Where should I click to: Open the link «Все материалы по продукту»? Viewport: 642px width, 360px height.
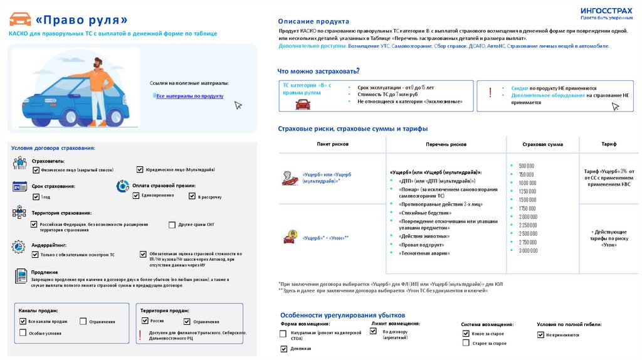(x=189, y=96)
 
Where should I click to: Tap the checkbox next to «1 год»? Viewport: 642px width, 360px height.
(x=36, y=197)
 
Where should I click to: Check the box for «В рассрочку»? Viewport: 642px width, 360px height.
(x=192, y=196)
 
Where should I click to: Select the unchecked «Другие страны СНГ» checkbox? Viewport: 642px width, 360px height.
(x=172, y=225)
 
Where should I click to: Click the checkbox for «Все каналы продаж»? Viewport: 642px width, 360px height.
(x=23, y=321)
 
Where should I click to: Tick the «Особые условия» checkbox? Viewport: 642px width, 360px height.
(x=23, y=332)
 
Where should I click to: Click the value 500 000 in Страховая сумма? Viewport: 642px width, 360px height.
(x=526, y=166)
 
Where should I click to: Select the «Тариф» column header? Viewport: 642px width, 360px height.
(x=609, y=144)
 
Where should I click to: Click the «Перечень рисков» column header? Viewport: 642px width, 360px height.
(x=446, y=144)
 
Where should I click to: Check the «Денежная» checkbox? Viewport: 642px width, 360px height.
(x=283, y=348)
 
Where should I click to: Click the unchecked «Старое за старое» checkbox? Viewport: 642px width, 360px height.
(x=465, y=343)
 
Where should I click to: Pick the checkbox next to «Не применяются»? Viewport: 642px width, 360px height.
(x=540, y=335)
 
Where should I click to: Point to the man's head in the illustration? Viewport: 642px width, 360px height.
(x=98, y=63)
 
